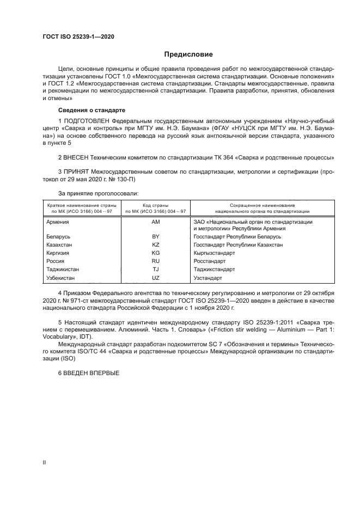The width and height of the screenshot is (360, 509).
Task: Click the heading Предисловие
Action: (188, 54)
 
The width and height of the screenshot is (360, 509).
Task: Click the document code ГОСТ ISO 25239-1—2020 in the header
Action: (78, 36)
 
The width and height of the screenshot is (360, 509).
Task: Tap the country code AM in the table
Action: (155, 222)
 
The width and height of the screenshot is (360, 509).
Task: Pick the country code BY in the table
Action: (155, 237)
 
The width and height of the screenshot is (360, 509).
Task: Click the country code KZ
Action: (155, 246)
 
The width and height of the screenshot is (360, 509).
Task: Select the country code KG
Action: (155, 254)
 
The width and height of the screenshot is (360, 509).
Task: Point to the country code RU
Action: (155, 261)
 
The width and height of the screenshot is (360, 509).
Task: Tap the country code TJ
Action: (155, 269)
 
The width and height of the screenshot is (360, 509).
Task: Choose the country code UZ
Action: (155, 278)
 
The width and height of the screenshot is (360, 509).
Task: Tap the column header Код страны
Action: (155, 205)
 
